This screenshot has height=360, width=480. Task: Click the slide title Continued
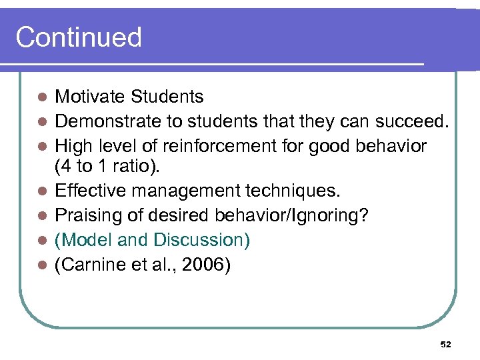tap(79, 37)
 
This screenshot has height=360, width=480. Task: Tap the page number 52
tap(446, 344)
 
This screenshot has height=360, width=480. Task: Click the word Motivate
tap(90, 97)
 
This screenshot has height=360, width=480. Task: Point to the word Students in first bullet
tap(167, 97)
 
